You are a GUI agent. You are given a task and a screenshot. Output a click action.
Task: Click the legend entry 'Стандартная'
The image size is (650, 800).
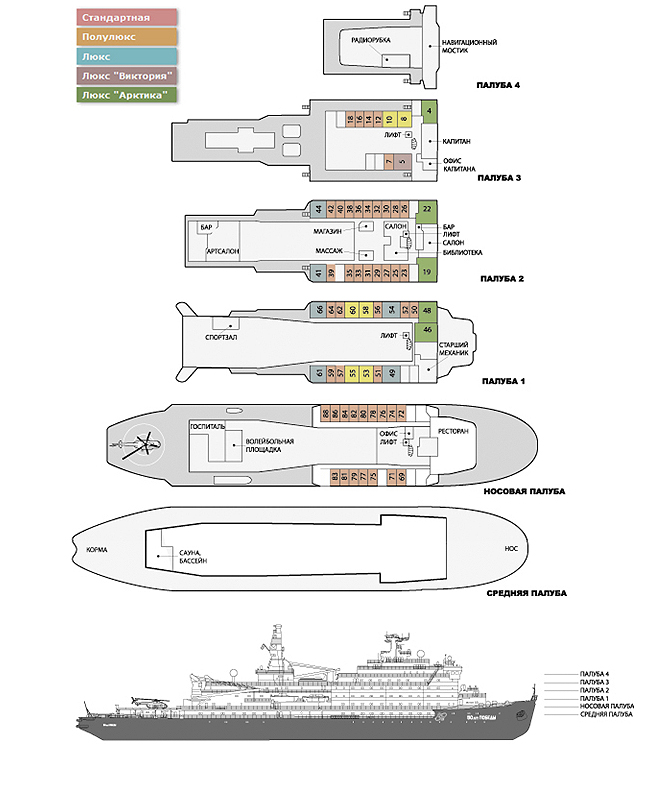[x=127, y=18]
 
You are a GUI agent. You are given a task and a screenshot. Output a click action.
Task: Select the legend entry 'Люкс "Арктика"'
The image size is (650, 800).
[x=127, y=94]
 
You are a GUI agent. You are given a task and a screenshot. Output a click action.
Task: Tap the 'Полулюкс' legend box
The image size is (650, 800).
[x=127, y=37]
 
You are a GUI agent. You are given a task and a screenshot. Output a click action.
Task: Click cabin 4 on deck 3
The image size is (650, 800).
[x=429, y=110]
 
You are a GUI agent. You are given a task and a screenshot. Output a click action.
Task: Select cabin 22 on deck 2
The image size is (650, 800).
[x=427, y=209]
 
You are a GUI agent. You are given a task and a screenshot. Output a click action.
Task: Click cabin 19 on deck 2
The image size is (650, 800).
[x=427, y=271]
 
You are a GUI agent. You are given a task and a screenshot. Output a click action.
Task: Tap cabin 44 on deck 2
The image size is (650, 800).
[x=319, y=209]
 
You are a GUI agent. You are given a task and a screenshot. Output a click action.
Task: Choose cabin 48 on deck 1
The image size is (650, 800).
[x=427, y=310]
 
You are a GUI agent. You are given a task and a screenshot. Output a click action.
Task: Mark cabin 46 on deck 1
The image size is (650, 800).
[x=427, y=329]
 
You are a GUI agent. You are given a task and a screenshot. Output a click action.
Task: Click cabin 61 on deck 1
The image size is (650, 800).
[x=319, y=373]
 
